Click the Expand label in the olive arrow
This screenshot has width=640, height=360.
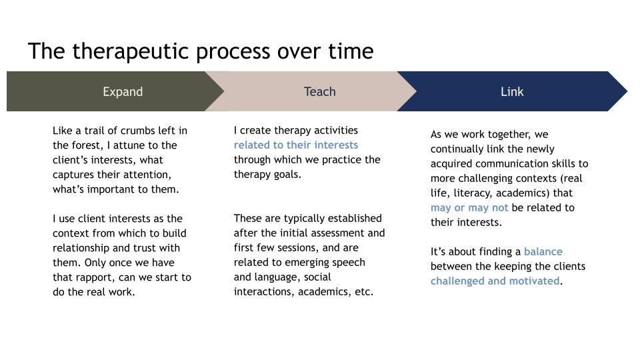click(x=123, y=92)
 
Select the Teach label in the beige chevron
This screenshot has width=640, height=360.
click(x=319, y=91)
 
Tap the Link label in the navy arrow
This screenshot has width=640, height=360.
click(x=512, y=91)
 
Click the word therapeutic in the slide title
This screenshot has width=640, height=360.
click(x=130, y=52)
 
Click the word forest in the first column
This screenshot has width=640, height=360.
click(x=87, y=146)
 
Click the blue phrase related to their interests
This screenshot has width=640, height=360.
click(x=296, y=145)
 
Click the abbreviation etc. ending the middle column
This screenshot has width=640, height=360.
click(x=364, y=292)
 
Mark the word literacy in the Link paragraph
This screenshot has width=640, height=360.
click(x=473, y=193)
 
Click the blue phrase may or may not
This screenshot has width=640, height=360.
click(x=469, y=208)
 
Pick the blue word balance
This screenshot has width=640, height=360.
click(x=543, y=251)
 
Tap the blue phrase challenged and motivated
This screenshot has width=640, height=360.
click(x=495, y=281)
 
